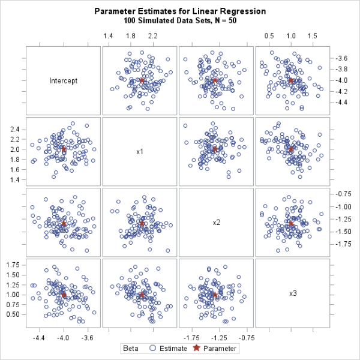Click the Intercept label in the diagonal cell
click(x=64, y=80)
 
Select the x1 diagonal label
click(x=140, y=151)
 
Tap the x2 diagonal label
click(x=217, y=223)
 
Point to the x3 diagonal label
click(x=293, y=293)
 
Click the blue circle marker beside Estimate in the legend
click(x=153, y=348)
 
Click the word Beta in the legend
click(x=131, y=348)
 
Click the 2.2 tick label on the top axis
click(x=153, y=37)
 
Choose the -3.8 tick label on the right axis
click(x=342, y=70)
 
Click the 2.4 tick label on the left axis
click(x=15, y=130)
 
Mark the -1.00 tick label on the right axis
click(x=344, y=206)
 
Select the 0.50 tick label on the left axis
click(x=13, y=314)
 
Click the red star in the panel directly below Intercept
click(x=64, y=149)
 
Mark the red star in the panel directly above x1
click(x=142, y=80)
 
